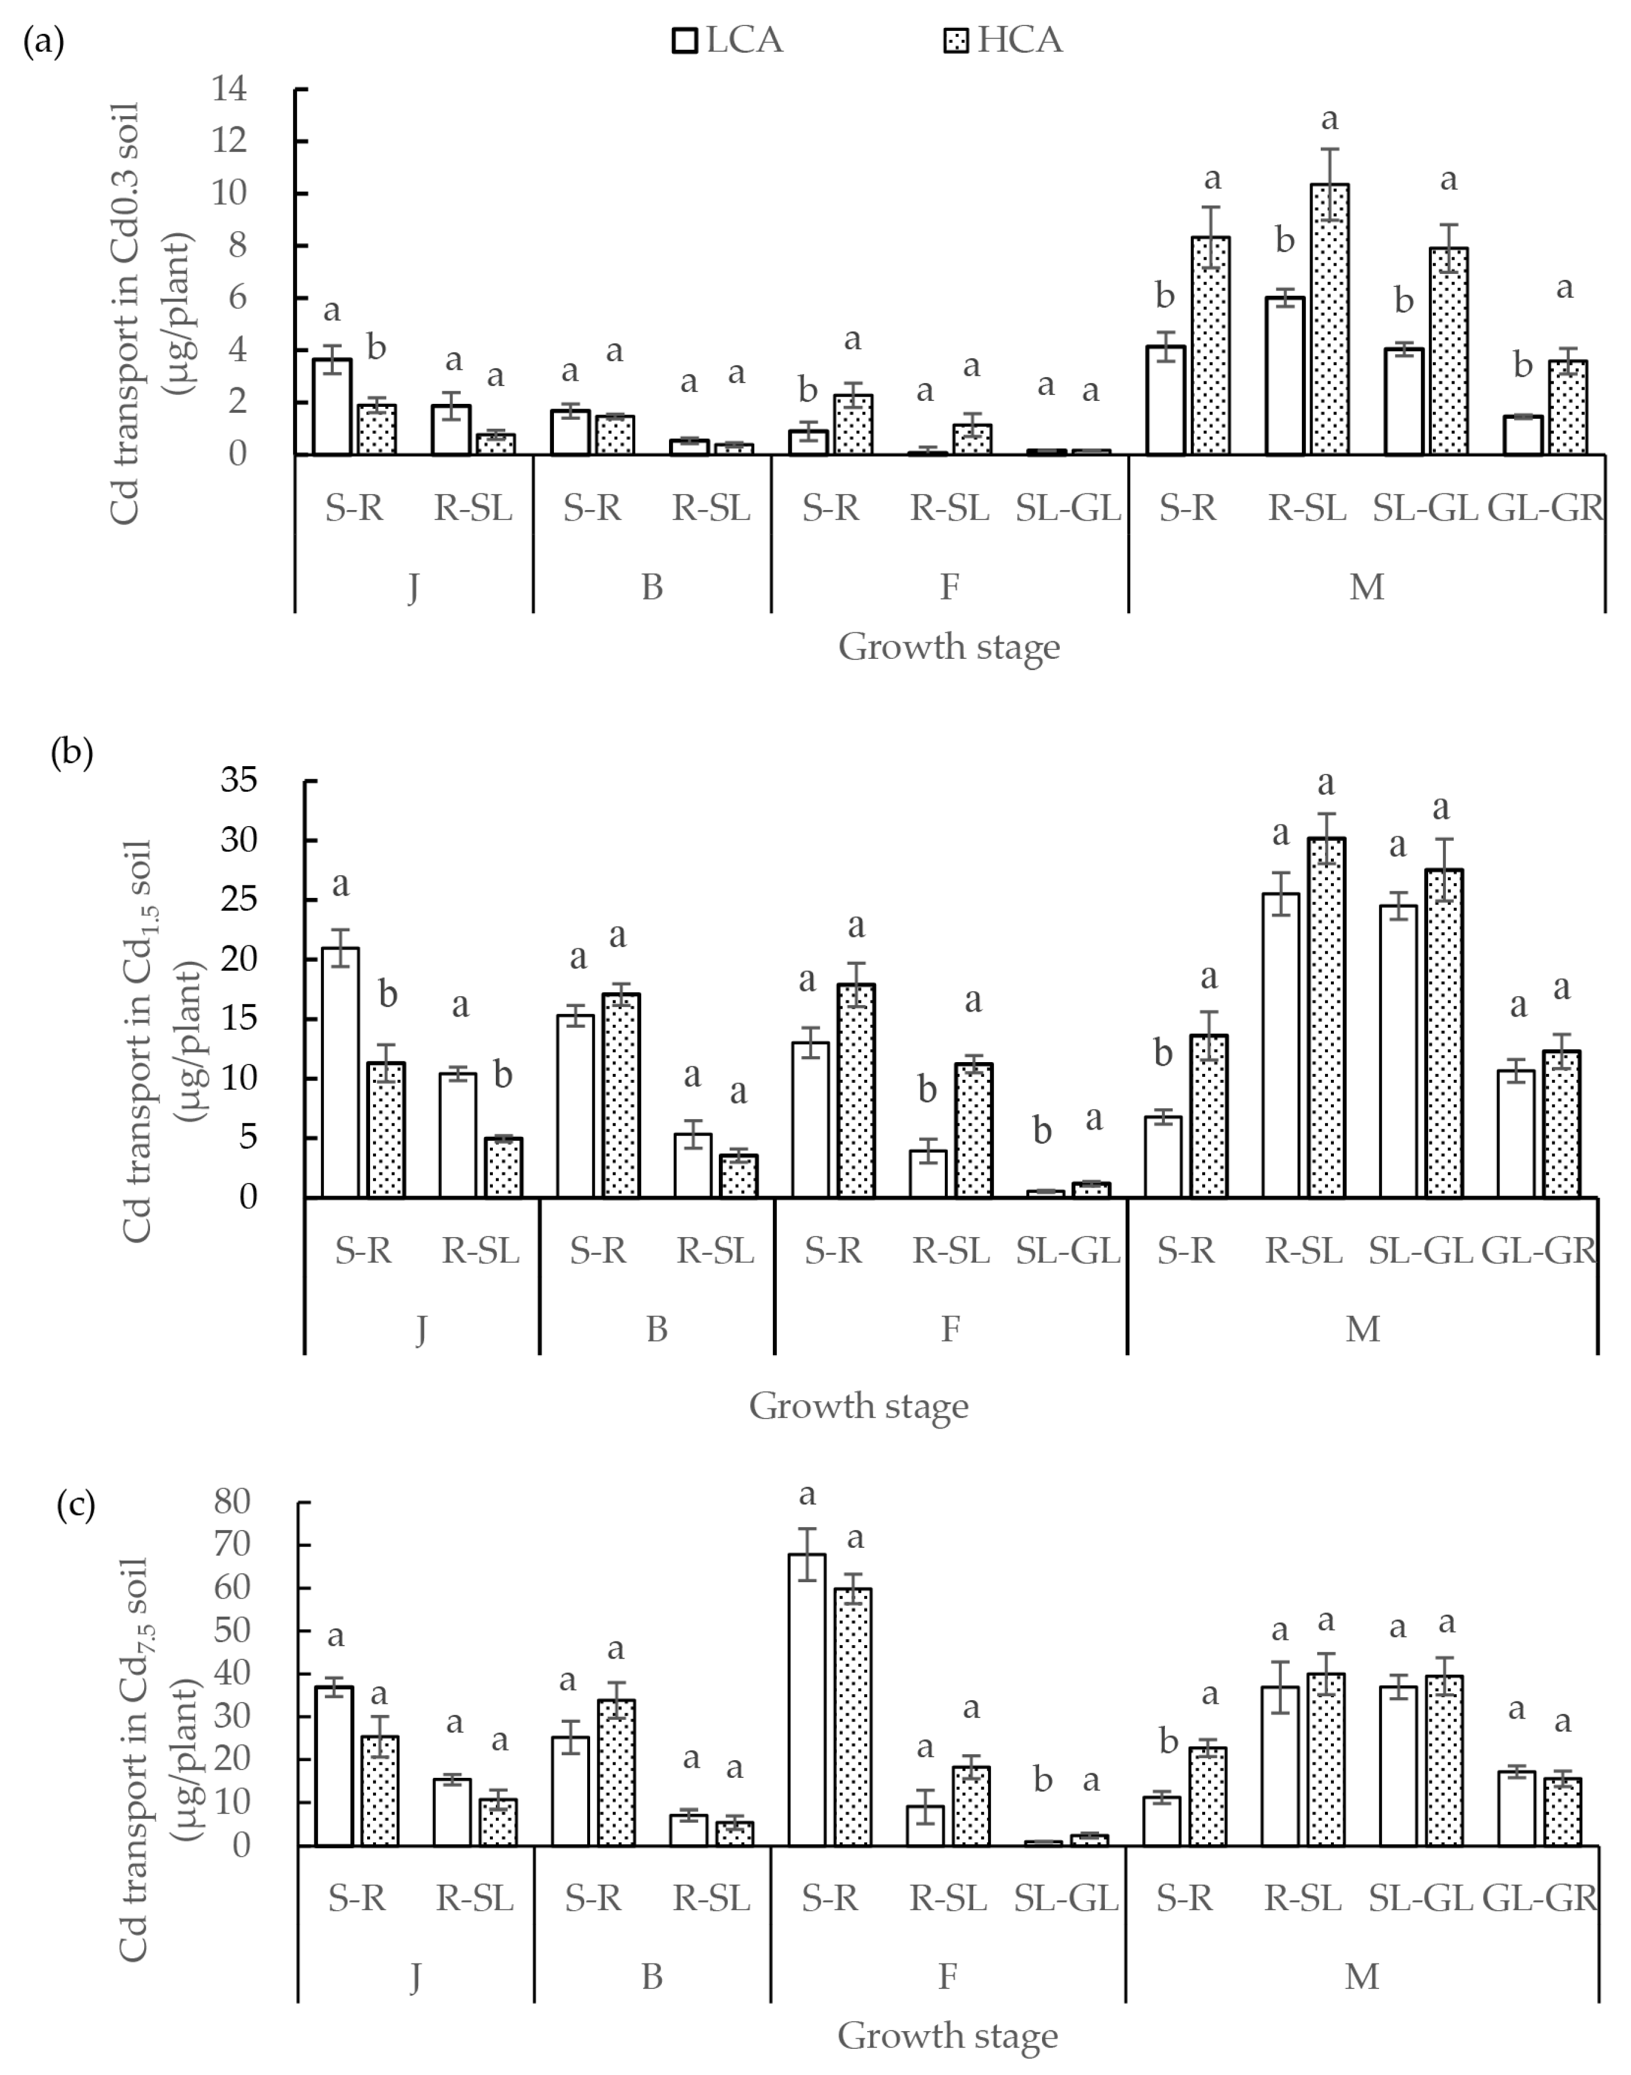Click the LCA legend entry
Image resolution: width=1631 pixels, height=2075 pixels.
pos(728,40)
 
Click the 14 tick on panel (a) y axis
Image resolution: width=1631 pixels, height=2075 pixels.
pos(230,89)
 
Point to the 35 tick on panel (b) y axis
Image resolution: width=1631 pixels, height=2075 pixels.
pos(239,780)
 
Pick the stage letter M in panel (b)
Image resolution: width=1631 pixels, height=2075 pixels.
pos(1363,1328)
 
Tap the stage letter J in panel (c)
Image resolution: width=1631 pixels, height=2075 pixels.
pos(415,1976)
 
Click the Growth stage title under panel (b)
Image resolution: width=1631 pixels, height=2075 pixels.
pos(858,1405)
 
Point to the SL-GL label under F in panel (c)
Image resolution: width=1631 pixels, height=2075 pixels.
pos(1066,1898)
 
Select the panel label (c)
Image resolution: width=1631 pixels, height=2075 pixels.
pos(75,1505)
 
